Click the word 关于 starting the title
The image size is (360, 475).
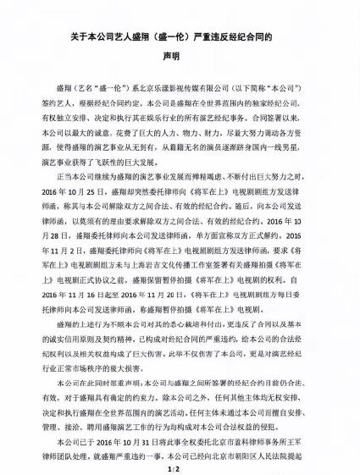tap(77, 38)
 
